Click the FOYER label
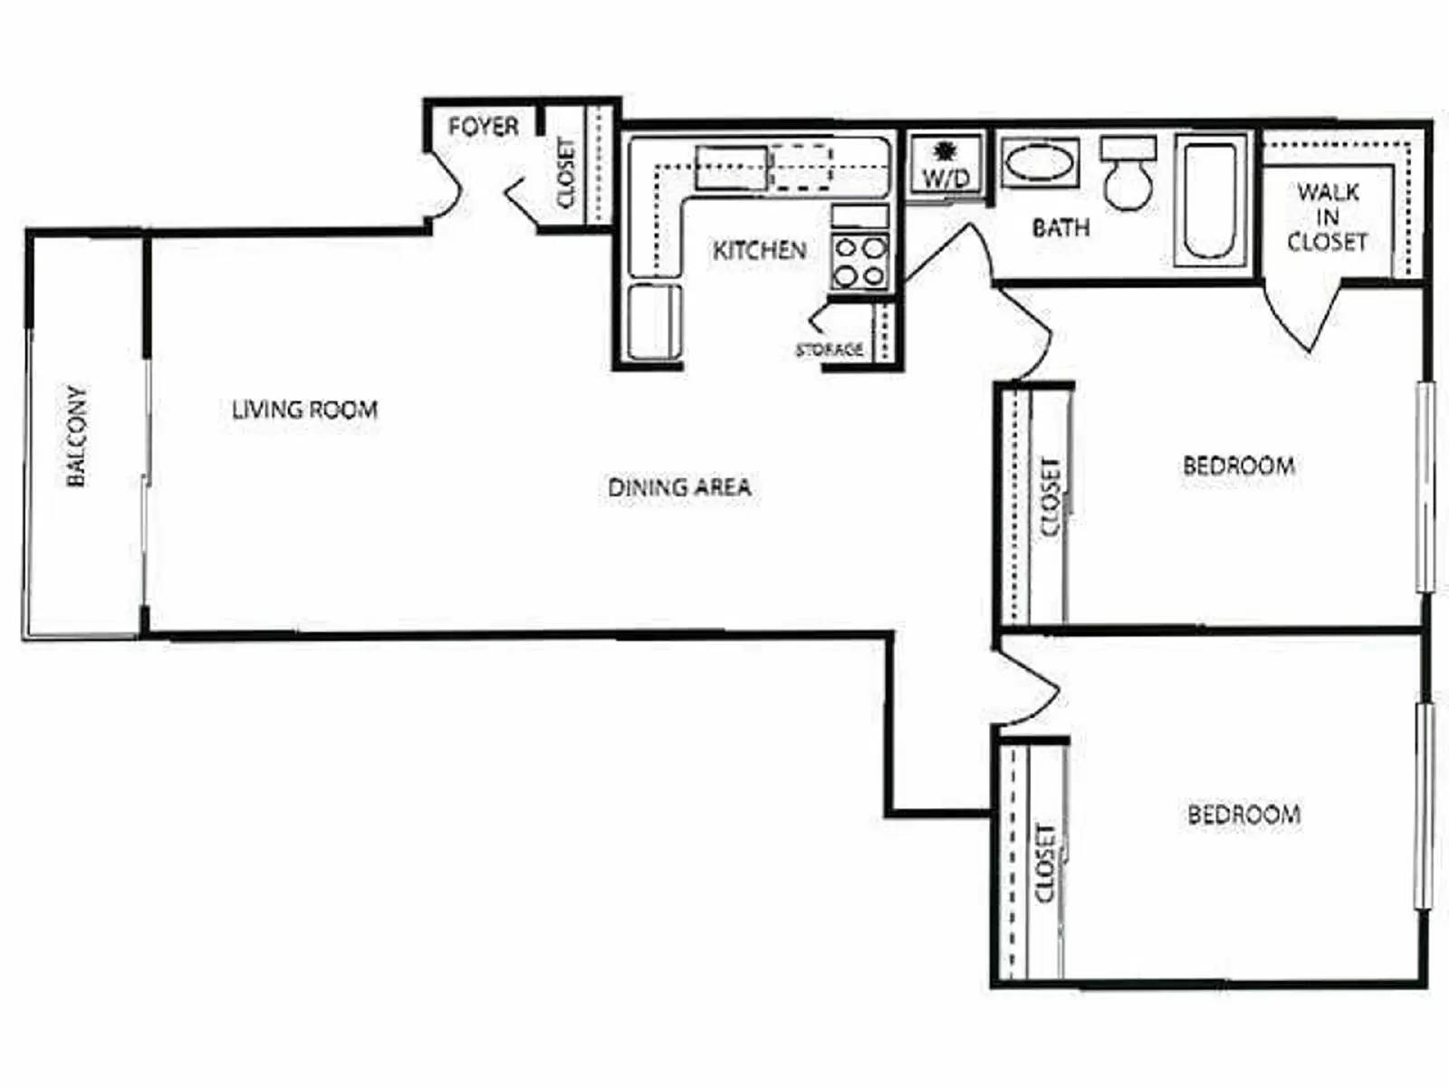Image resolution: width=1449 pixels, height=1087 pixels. [484, 126]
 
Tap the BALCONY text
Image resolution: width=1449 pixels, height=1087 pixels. [77, 437]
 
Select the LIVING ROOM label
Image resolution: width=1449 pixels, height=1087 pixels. [304, 409]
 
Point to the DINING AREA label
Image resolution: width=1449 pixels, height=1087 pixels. [679, 487]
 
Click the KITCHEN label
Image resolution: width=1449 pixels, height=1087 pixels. [759, 250]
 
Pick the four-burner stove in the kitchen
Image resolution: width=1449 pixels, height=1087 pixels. [859, 261]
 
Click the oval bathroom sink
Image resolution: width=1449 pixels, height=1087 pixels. [1041, 163]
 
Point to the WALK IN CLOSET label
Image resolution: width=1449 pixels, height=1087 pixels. [1327, 217]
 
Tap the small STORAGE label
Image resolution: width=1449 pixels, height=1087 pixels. [830, 350]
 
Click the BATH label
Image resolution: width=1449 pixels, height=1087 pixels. [1060, 226]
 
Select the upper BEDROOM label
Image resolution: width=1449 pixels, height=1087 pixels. [1238, 466]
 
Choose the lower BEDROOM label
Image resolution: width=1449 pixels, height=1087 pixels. [1243, 814]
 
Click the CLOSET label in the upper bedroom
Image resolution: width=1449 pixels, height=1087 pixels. [1051, 496]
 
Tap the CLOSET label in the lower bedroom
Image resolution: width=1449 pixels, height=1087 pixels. [1045, 862]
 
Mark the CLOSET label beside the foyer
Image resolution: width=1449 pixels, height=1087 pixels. [566, 172]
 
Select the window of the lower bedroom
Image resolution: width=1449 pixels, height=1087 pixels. [1425, 806]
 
